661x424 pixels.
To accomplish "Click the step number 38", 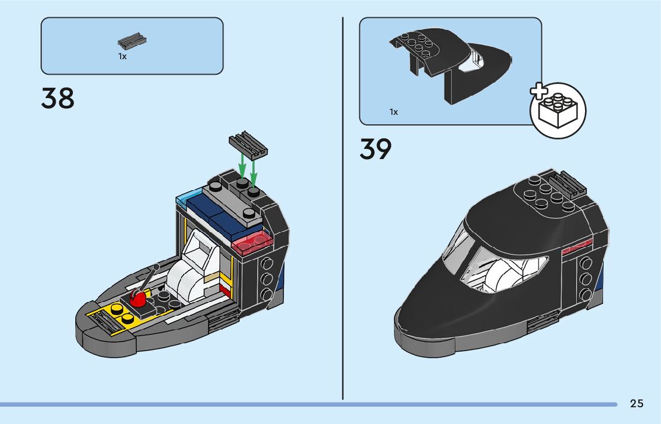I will [58, 99].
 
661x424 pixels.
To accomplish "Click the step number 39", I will [375, 150].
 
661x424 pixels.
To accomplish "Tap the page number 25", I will [636, 404].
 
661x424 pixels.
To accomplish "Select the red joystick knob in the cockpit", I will [139, 297].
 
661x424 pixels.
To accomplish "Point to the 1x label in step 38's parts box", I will [122, 56].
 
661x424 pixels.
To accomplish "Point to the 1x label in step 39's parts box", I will [393, 112].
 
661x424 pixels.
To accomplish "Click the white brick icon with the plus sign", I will [558, 111].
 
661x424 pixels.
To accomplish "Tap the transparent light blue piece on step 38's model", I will [187, 197].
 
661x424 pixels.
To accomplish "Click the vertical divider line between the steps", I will [343, 209].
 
